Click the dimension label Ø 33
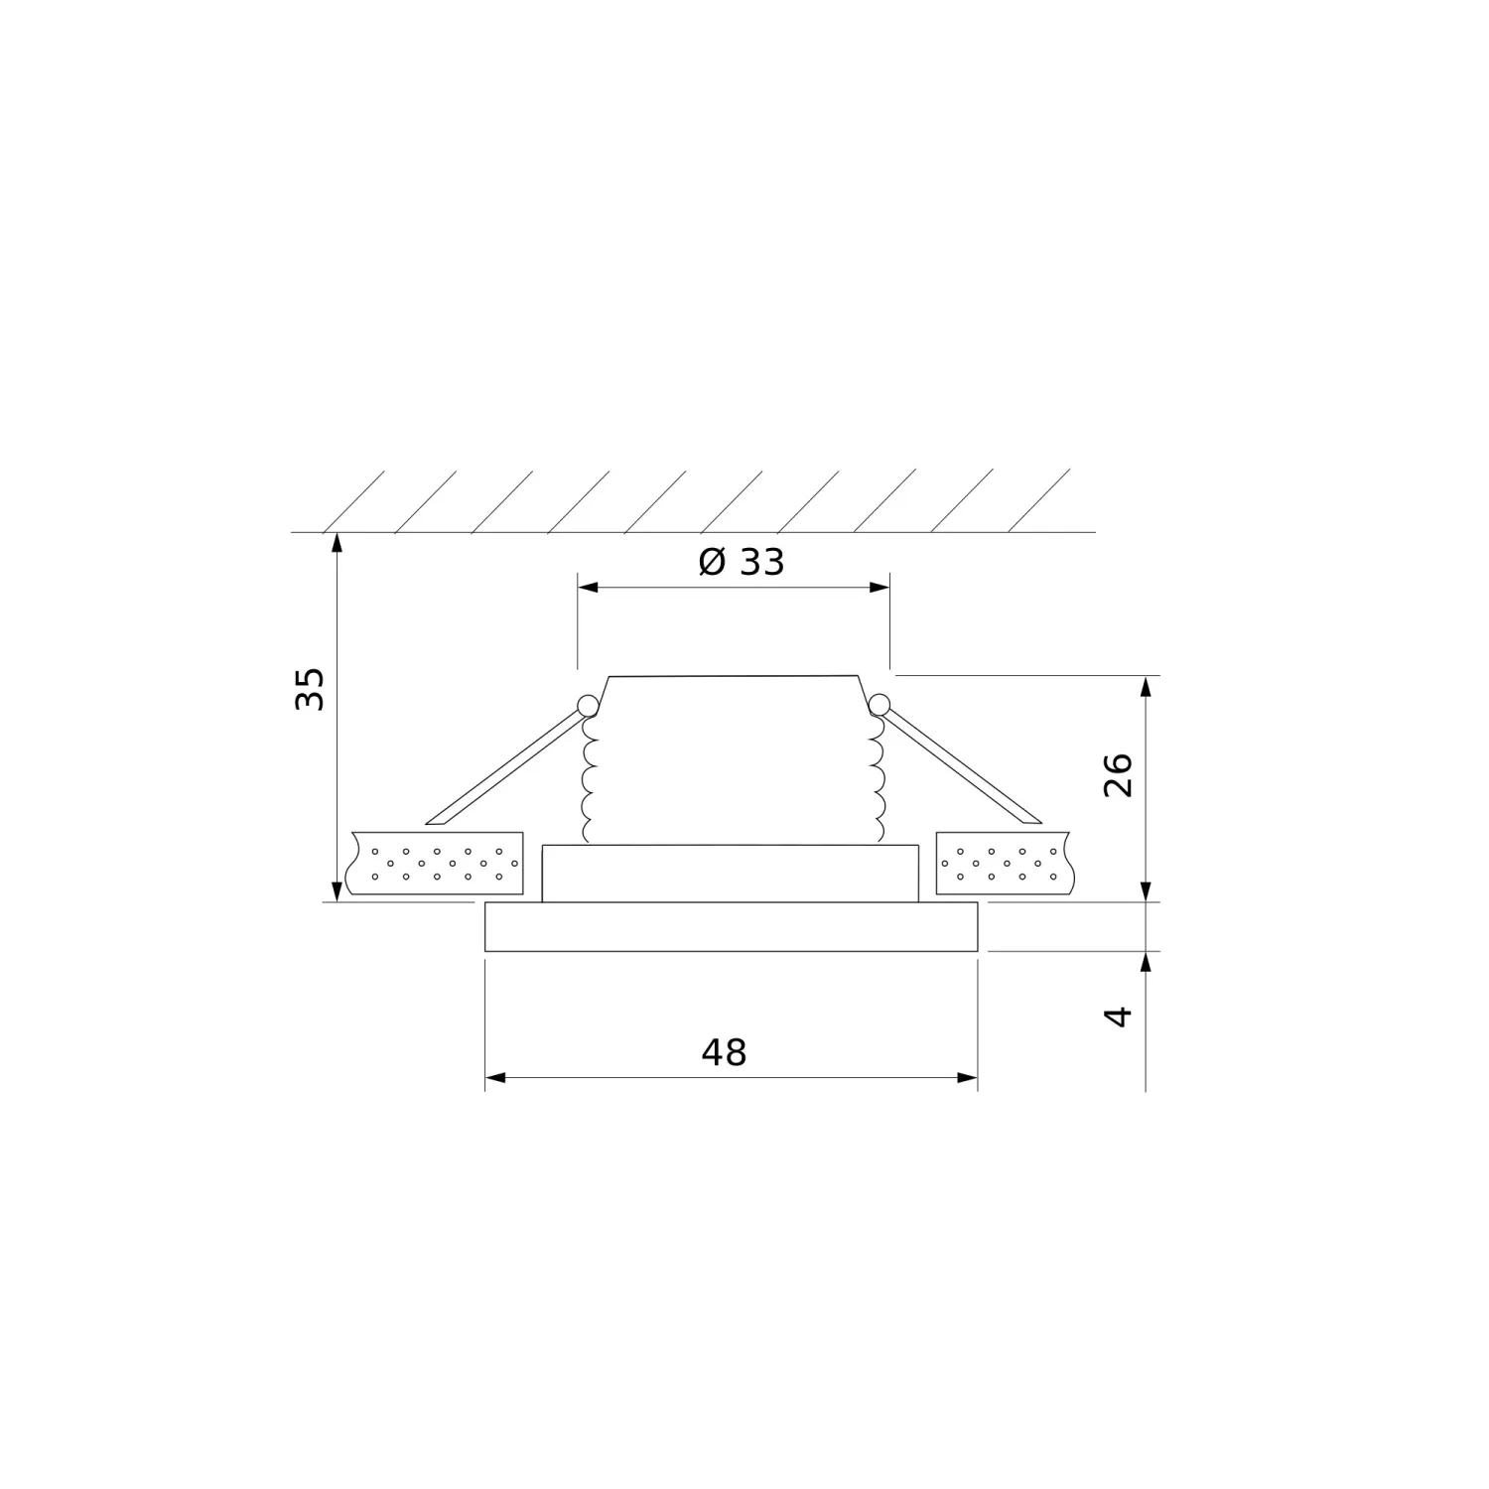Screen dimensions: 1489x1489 tap(742, 562)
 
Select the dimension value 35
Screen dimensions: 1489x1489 tap(310, 688)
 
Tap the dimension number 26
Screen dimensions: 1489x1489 tap(1118, 774)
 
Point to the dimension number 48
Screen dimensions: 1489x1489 tap(724, 1052)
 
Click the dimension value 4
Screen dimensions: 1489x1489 tap(1119, 1016)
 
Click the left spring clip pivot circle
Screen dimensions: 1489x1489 tap(587, 706)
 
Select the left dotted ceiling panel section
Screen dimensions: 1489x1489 tap(434, 863)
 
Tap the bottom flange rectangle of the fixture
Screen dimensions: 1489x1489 tap(732, 927)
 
